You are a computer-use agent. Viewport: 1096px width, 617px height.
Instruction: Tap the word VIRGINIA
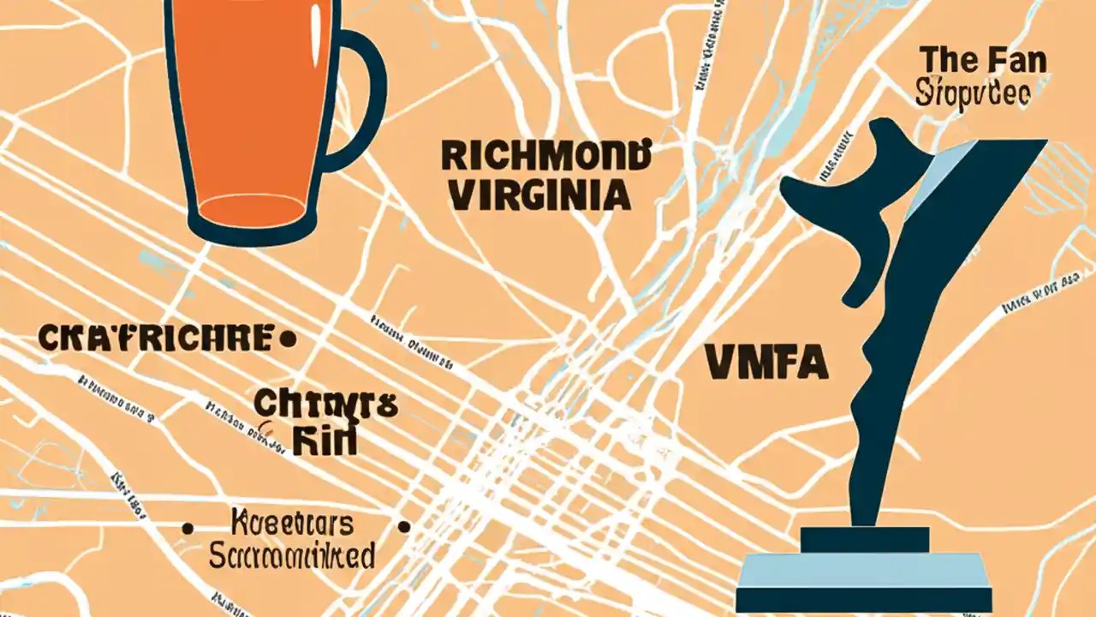coord(539,196)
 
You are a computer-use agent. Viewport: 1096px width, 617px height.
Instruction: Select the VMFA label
coord(765,362)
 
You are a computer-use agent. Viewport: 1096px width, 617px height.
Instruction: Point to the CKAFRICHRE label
coord(157,338)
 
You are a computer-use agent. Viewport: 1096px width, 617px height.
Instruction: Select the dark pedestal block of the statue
coord(865,540)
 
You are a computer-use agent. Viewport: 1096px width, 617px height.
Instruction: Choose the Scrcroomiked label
coord(292,555)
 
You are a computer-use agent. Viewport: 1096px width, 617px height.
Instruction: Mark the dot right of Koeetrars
coord(405,527)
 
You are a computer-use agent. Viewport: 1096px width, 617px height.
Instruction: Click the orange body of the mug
coord(248,94)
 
